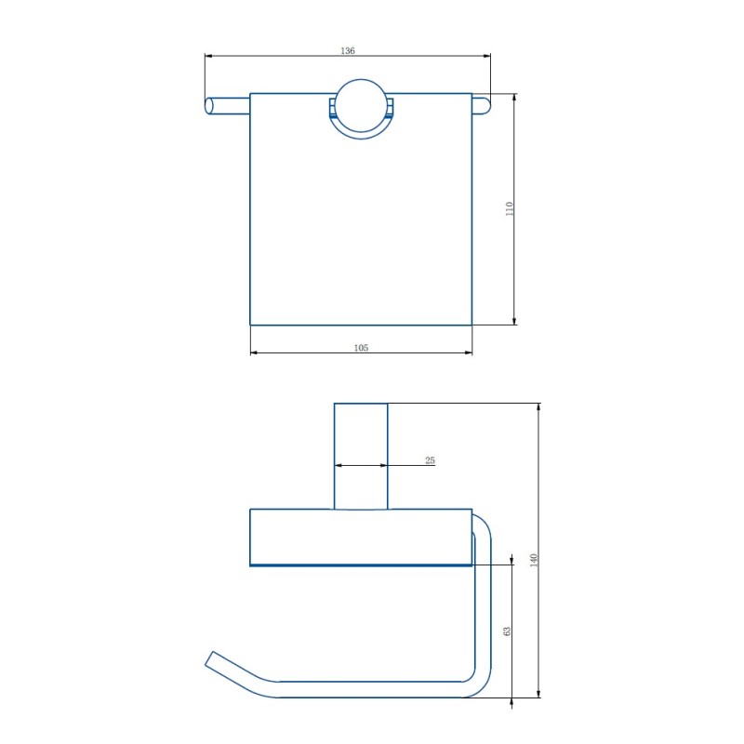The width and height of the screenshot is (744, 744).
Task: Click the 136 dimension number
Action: pyautogui.click(x=348, y=50)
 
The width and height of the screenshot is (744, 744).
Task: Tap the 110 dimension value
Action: pyautogui.click(x=510, y=208)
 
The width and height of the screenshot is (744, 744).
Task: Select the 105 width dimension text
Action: pyautogui.click(x=361, y=348)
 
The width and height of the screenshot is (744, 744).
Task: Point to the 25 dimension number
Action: pyautogui.click(x=430, y=460)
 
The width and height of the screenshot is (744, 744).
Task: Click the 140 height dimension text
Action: pyautogui.click(x=534, y=561)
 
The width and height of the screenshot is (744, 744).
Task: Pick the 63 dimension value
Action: pyautogui.click(x=507, y=631)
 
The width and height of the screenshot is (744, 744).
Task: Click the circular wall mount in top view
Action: pyautogui.click(x=361, y=106)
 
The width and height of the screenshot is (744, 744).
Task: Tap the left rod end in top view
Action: pyautogui.click(x=208, y=106)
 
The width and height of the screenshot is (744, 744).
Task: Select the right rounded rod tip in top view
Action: pyautogui.click(x=485, y=106)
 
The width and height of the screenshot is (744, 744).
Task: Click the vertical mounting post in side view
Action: pyautogui.click(x=361, y=457)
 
